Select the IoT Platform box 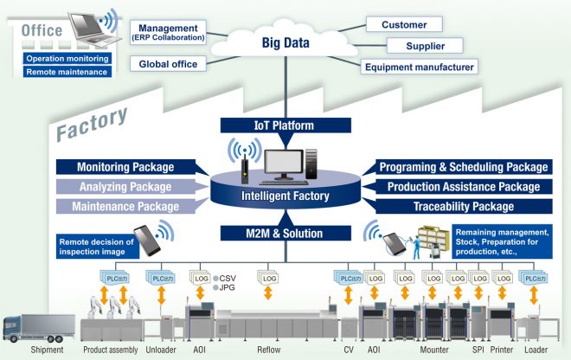pos(285,125)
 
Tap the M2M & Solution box pos(285,234)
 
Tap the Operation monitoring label pos(67,58)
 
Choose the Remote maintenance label pos(67,72)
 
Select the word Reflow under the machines pos(269,350)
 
